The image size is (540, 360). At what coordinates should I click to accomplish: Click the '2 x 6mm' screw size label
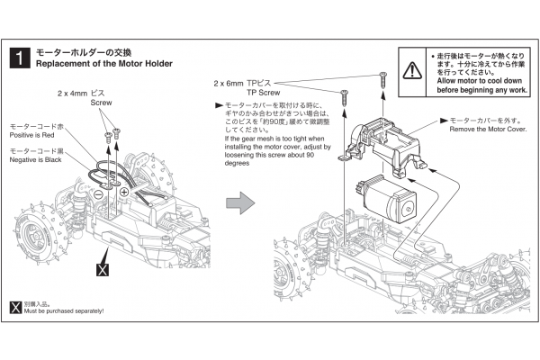pos(233,84)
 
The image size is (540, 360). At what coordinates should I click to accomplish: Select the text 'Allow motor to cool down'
pos(476,81)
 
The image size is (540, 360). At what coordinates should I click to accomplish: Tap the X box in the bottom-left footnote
pos(13,304)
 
